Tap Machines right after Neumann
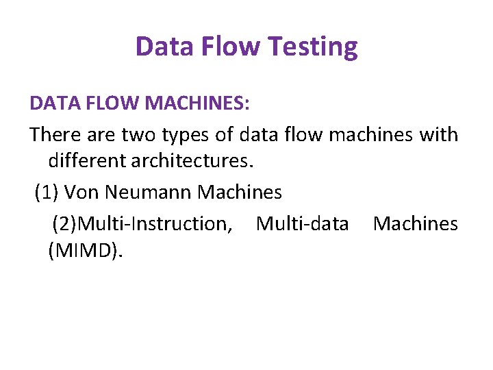240,193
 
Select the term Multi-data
303,223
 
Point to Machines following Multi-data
416,223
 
